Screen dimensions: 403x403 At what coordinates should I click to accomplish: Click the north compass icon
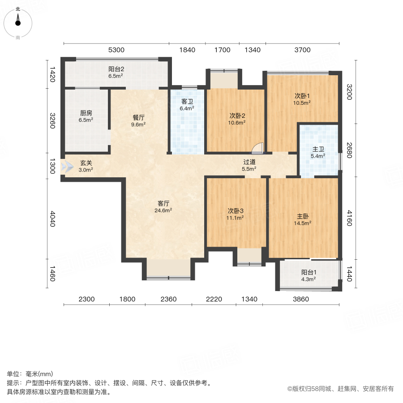tap(18, 21)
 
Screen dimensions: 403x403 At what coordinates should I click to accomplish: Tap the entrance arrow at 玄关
tap(68, 167)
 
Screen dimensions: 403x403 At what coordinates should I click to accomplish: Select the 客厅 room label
tap(163, 202)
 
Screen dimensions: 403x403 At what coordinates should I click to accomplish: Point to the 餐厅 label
tap(138, 118)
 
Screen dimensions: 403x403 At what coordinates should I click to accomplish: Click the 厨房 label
tap(86, 113)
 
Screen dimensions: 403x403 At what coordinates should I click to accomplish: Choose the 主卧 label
tap(302, 215)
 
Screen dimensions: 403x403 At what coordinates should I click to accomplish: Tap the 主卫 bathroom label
tap(318, 149)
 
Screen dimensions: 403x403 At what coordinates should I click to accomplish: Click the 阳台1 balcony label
tap(309, 272)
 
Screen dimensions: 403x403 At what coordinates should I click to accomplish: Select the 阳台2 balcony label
tap(116, 69)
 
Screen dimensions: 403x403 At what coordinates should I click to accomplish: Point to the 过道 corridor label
tap(249, 162)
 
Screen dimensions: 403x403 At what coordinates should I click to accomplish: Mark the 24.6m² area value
tap(163, 210)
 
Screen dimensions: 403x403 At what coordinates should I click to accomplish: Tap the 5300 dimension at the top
tap(116, 50)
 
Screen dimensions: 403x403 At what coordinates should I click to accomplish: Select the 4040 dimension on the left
tap(52, 219)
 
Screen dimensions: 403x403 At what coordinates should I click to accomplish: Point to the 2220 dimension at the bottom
tap(214, 299)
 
